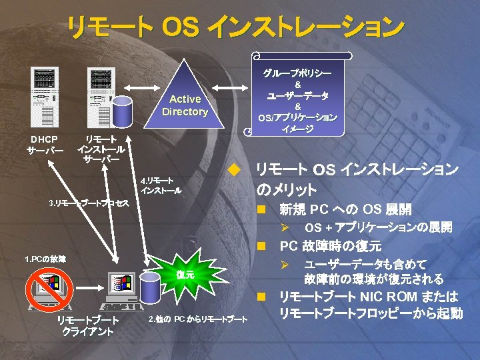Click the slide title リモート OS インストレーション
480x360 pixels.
click(x=235, y=27)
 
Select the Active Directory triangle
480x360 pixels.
click(x=185, y=100)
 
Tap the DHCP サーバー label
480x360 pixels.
click(x=45, y=145)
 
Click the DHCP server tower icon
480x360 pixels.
click(x=45, y=98)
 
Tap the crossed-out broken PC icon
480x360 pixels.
click(x=49, y=289)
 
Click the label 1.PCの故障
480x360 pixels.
click(x=45, y=258)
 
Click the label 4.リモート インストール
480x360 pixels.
click(x=160, y=185)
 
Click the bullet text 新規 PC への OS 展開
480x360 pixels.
click(x=345, y=209)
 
